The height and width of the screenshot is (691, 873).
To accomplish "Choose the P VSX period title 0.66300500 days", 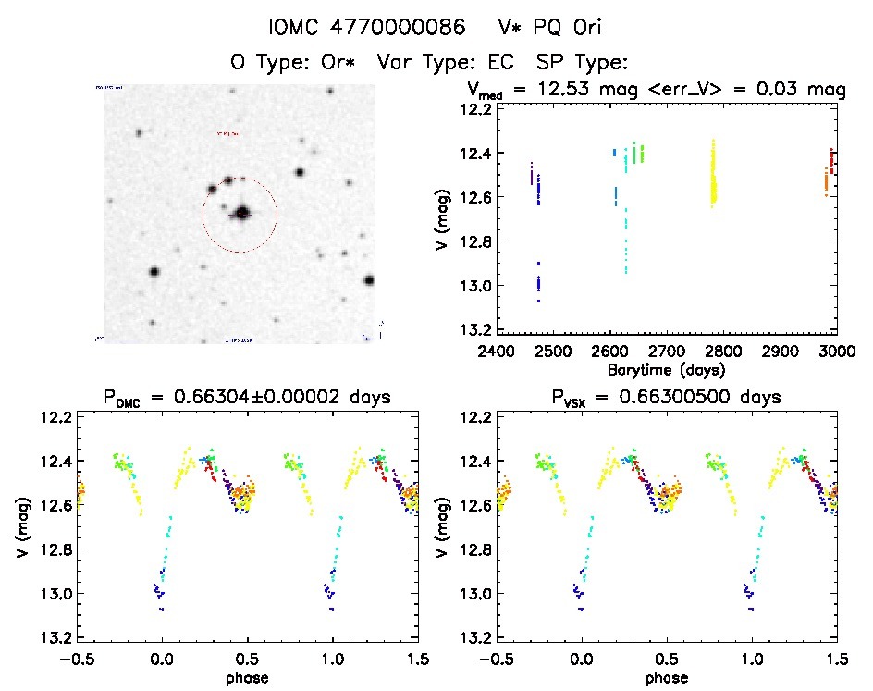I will click(x=665, y=397).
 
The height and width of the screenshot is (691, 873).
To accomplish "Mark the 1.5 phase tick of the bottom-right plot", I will click(x=836, y=659).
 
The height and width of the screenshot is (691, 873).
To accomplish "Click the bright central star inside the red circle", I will click(x=242, y=213).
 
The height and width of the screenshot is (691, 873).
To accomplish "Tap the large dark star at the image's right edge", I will click(x=369, y=280).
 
